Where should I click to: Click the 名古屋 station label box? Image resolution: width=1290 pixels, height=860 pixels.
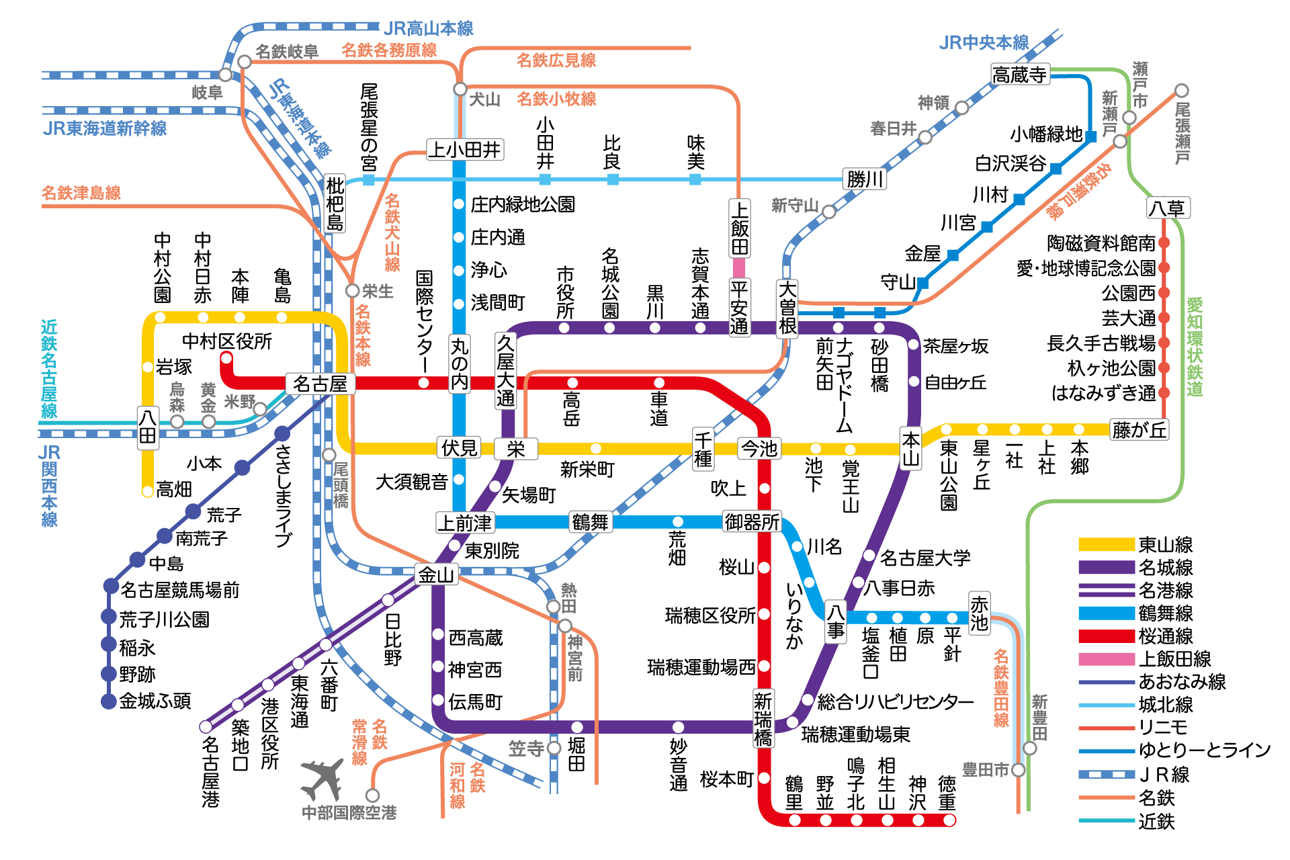coord(320,384)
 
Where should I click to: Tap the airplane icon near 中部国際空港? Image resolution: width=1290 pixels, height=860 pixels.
coord(322,779)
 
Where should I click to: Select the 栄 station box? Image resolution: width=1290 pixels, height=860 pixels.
coord(515,449)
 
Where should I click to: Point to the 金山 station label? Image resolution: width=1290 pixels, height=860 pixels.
coord(436,575)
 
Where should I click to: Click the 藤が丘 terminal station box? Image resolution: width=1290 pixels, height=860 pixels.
coord(1139,429)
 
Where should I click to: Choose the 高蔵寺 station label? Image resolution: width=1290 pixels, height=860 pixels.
coord(1020,75)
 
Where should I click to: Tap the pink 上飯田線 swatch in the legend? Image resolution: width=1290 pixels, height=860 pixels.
coord(1106,659)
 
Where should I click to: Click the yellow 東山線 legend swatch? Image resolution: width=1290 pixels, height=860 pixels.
coord(1106,545)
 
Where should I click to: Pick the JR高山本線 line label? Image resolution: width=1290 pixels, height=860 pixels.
coord(429,28)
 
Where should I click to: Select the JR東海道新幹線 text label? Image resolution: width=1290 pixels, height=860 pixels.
coord(105,128)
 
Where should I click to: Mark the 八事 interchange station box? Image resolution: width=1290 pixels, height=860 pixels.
coord(835,621)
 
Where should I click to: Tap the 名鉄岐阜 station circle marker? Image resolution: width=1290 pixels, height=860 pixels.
coord(245,62)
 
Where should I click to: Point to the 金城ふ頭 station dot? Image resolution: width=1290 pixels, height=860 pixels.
coord(109,701)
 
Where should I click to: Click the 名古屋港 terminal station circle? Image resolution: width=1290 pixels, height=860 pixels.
coord(206,726)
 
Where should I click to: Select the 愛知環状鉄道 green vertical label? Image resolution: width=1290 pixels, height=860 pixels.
coord(1194,347)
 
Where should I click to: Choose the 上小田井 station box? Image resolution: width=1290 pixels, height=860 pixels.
coord(465,149)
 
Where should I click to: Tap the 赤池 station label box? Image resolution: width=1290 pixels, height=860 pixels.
coord(979,613)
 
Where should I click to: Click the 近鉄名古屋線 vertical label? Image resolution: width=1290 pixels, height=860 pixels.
coord(49,369)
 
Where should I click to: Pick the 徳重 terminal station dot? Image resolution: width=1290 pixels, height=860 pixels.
coord(949,820)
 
